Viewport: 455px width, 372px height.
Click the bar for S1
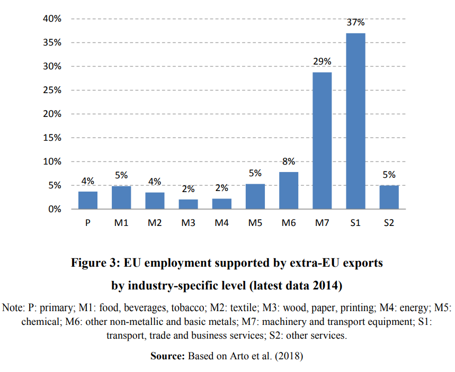click(x=355, y=121)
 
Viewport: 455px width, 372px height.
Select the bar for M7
click(x=322, y=140)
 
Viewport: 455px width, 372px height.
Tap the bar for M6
click(x=289, y=190)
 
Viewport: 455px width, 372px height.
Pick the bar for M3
click(x=188, y=204)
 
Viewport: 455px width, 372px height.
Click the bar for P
click(x=88, y=200)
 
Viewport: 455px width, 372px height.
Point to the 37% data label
click(x=355, y=23)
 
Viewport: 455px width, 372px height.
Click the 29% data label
click(x=322, y=62)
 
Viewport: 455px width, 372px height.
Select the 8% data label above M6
click(x=289, y=162)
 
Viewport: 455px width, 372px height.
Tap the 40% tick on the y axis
click(x=52, y=19)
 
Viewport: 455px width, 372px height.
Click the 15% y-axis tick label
click(x=52, y=138)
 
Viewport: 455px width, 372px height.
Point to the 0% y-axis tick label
click(x=55, y=210)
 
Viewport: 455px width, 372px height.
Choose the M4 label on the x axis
click(x=221, y=223)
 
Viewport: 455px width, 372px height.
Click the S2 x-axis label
click(x=389, y=223)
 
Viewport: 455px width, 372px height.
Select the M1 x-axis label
click(x=121, y=223)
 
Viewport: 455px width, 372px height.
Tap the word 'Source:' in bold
click(x=168, y=356)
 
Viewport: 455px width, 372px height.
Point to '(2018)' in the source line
click(x=289, y=356)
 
